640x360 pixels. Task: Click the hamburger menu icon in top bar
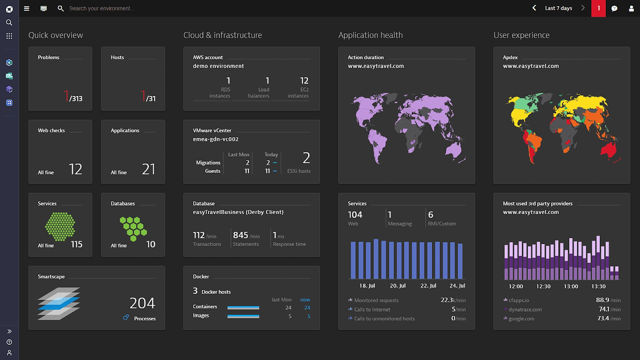coord(27,8)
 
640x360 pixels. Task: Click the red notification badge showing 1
coord(598,8)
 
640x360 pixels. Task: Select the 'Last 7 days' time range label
coord(558,8)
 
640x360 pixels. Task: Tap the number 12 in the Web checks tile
coord(75,169)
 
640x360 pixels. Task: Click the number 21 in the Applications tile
coord(148,169)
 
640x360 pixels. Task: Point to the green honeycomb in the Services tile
coord(60,226)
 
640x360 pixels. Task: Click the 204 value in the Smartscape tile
coord(142,303)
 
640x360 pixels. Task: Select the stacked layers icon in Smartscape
coord(59,304)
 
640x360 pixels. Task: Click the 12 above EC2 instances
coord(304,81)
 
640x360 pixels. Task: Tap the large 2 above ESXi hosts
coord(306,158)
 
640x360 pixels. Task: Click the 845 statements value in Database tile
coord(240,235)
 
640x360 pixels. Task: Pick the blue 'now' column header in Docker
coord(305,300)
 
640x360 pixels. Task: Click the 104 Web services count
coord(355,215)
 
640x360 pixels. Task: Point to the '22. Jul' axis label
coord(428,286)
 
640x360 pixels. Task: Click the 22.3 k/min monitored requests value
coord(447,300)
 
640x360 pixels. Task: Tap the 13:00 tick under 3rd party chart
coord(571,286)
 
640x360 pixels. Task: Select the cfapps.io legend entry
coord(519,300)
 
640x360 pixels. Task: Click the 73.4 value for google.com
coord(603,318)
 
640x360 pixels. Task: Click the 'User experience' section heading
coord(521,35)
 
